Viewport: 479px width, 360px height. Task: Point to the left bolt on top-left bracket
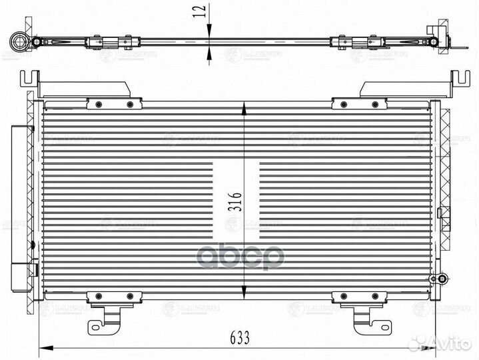pyautogui.click(x=99, y=104)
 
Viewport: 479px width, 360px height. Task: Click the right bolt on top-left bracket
pyautogui.click(x=129, y=104)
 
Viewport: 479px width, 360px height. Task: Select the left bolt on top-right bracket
pyautogui.click(x=344, y=104)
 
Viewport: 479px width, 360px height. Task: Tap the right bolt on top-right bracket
pyautogui.click(x=374, y=104)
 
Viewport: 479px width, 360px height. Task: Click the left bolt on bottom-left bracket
pyautogui.click(x=99, y=295)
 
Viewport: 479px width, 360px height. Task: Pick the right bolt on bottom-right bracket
pyautogui.click(x=374, y=295)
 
